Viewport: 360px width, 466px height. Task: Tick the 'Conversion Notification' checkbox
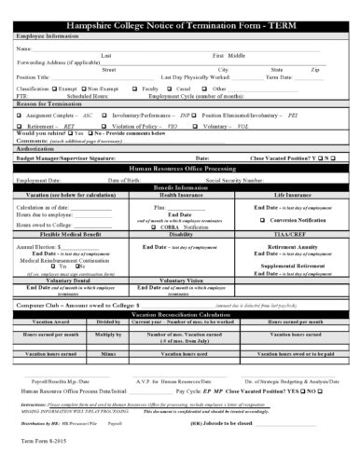coord(266,220)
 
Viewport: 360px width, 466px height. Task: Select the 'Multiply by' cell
coord(110,333)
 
